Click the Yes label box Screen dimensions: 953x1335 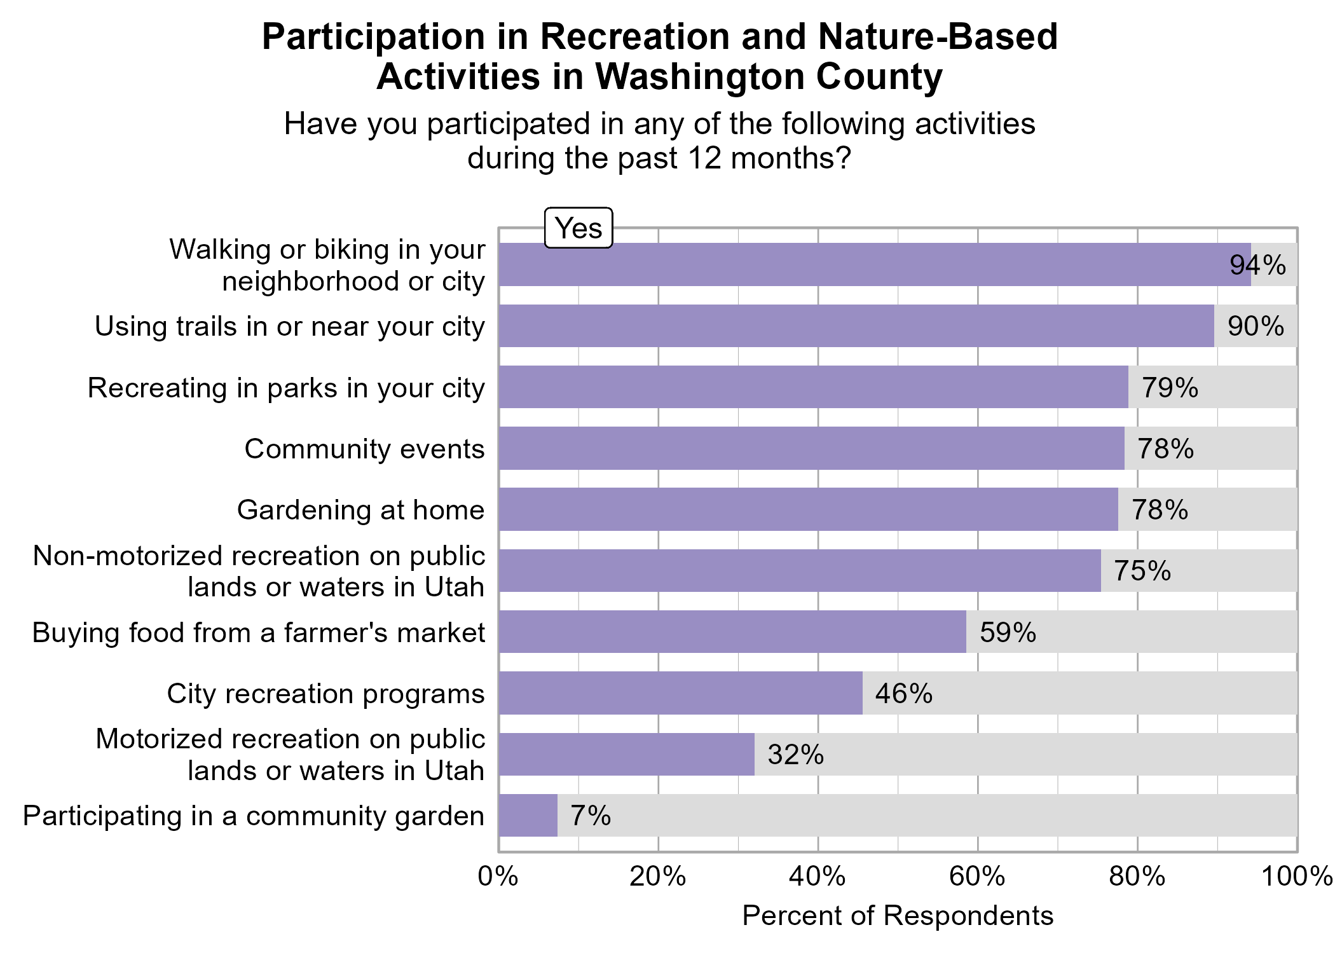[578, 228]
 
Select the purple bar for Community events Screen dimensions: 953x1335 [811, 448]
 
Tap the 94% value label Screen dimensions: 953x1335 [1257, 265]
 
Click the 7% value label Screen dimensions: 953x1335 [591, 816]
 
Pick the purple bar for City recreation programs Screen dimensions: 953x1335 [680, 693]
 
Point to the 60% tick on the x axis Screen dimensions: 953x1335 [977, 877]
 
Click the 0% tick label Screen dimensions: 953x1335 [498, 877]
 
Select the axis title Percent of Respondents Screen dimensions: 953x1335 [898, 916]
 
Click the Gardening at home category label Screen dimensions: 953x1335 [360, 510]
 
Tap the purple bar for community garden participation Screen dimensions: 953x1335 [528, 816]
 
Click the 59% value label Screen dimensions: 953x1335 [1008, 633]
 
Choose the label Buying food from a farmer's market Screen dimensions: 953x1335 [259, 633]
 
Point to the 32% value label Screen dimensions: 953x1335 [795, 755]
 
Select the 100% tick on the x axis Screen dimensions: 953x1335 [1297, 877]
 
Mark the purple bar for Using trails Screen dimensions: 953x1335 [856, 326]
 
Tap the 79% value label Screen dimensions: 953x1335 [1170, 388]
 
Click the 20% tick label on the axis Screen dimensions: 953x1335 [658, 877]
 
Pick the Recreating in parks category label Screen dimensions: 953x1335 [286, 388]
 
